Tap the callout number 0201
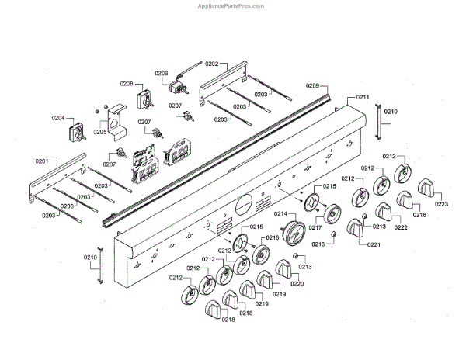click(x=42, y=161)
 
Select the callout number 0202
click(x=211, y=64)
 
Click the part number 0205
click(x=100, y=132)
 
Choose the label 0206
click(x=162, y=74)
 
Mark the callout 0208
click(x=126, y=84)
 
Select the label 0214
click(x=280, y=213)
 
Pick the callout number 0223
click(x=441, y=204)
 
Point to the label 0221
click(x=374, y=244)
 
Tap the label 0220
click(x=297, y=283)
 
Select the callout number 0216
click(x=272, y=238)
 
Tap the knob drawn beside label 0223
click(x=428, y=189)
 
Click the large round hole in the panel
click(x=242, y=206)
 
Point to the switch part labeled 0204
click(x=79, y=133)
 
